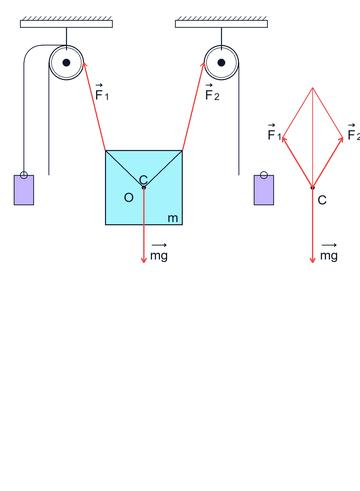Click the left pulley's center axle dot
tap(66, 62)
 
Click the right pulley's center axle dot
tap(221, 62)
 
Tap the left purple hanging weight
tap(24, 190)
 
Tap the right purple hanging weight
tap(264, 190)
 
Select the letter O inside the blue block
tap(129, 197)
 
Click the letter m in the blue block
tap(173, 218)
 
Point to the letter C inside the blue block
tap(143, 180)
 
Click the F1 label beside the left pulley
tap(102, 92)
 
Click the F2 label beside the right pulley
tap(212, 92)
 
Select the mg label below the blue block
tap(159, 254)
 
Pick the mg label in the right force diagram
tap(329, 254)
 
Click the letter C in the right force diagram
tap(322, 200)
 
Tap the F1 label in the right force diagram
tap(274, 132)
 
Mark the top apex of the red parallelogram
tap(313, 88)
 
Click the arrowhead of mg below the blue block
tap(144, 260)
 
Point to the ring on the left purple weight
tap(24, 175)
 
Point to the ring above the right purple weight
tap(264, 175)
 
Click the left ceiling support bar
tap(66, 24)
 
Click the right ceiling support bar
tap(221, 24)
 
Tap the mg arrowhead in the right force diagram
tap(313, 260)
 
